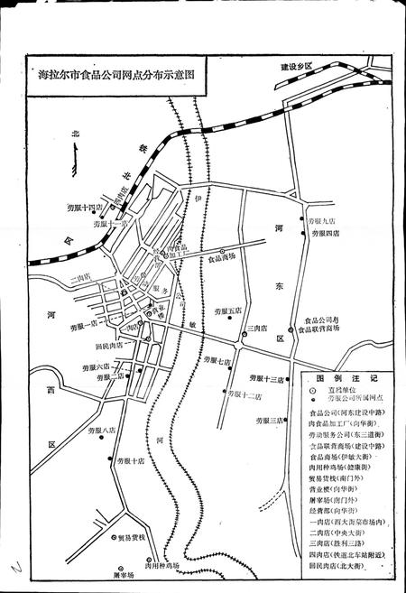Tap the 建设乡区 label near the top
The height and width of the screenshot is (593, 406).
[295, 67]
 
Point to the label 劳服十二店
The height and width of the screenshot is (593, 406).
[245, 395]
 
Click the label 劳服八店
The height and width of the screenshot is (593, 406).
[102, 431]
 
